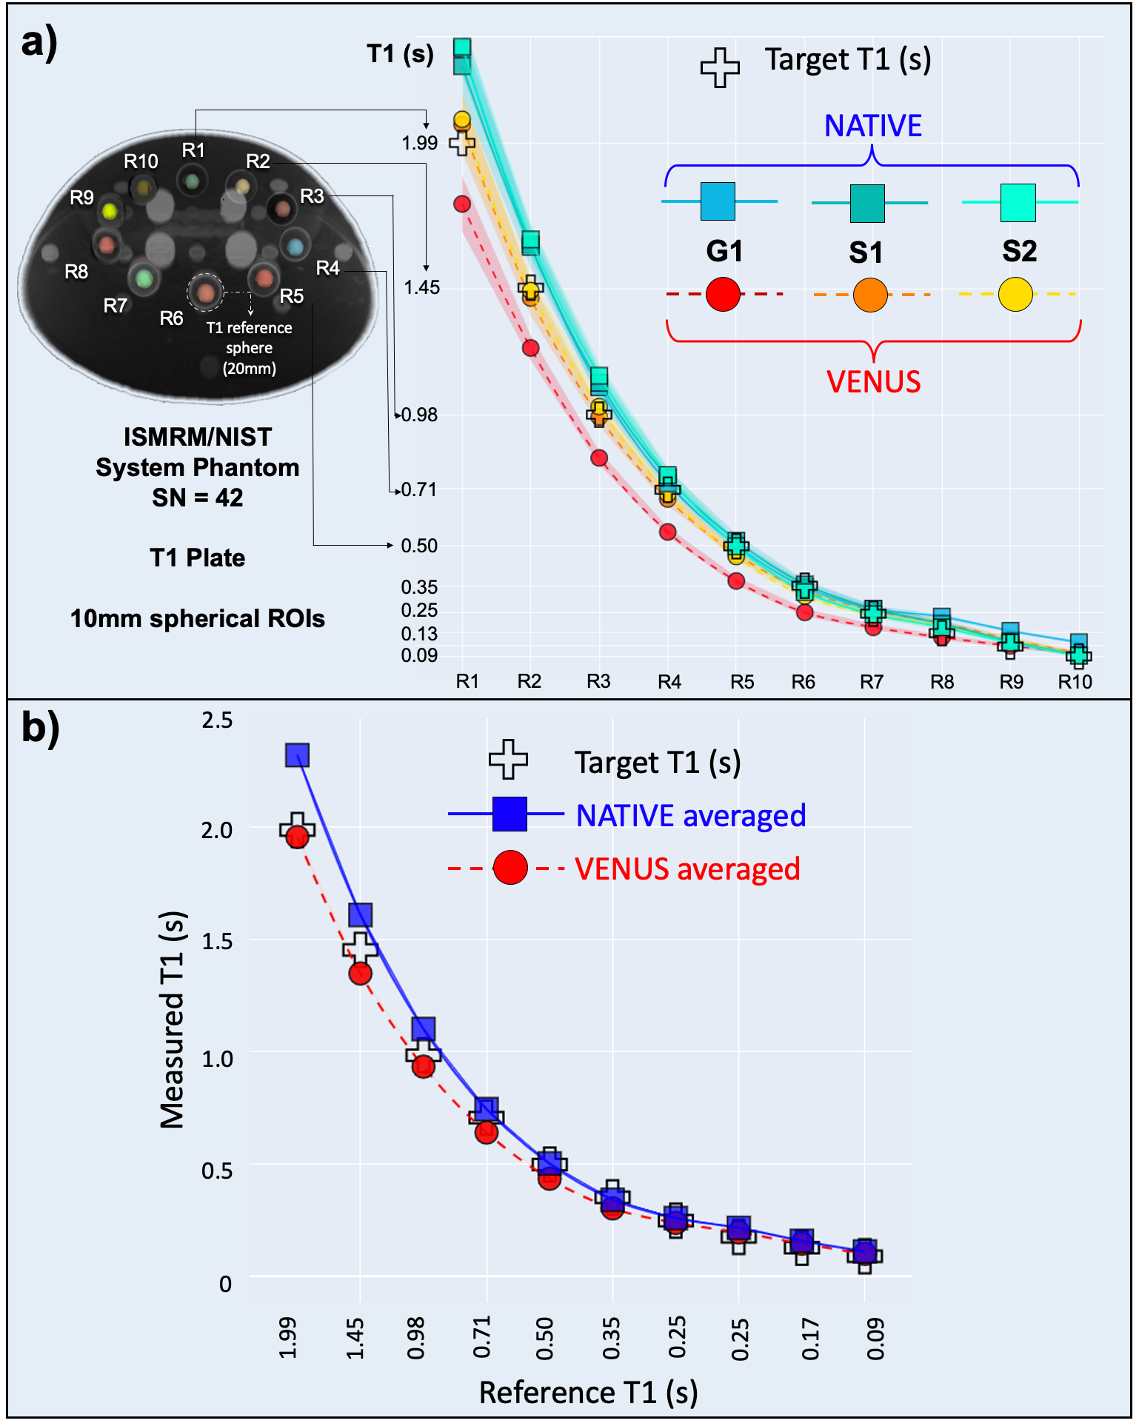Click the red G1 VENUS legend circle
723,295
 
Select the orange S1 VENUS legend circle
870,295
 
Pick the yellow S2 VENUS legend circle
1015,295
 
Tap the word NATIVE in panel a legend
873,127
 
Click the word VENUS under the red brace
874,382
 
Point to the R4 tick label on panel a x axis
669,682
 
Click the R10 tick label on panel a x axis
1075,682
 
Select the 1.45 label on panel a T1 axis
421,287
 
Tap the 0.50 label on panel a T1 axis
419,546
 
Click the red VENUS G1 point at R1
462,204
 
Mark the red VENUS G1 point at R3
599,458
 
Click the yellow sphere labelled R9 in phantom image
110,212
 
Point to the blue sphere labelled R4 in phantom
294,246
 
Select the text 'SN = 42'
198,498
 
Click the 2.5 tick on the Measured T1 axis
217,720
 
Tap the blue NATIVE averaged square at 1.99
298,755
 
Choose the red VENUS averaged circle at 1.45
361,974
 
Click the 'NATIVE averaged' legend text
691,816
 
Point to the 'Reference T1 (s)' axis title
589,1393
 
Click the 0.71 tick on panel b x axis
483,1337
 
